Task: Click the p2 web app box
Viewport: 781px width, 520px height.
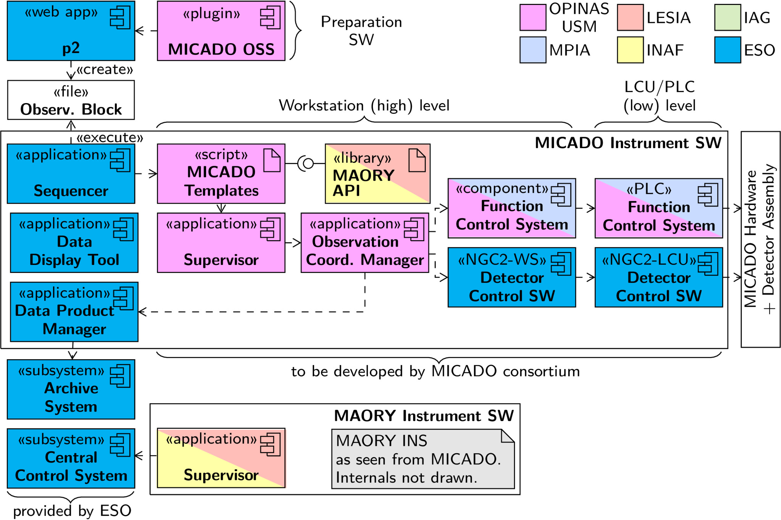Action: point(71,31)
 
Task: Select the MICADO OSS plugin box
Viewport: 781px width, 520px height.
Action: point(221,31)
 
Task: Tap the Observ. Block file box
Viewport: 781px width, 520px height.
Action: point(71,100)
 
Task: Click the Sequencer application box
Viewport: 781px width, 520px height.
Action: point(71,174)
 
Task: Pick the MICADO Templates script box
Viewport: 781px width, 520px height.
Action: point(221,174)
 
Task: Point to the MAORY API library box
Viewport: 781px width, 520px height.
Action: point(378,174)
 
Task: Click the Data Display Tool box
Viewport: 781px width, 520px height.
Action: point(74,243)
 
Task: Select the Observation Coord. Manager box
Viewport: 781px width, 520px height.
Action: point(365,243)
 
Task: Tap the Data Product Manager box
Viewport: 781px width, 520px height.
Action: point(74,312)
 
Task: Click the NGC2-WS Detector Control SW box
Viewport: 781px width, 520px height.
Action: point(512,278)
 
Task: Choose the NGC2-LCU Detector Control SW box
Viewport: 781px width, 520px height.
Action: point(658,278)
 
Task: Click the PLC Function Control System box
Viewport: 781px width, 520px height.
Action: point(658,208)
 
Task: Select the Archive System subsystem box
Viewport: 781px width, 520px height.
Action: point(71,389)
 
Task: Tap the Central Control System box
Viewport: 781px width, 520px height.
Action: point(71,459)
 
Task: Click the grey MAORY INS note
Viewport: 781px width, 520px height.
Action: point(423,459)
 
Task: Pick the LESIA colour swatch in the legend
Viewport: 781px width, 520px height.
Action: point(630,18)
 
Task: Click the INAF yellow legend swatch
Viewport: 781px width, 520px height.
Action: point(630,50)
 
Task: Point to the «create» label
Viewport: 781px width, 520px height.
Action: point(105,70)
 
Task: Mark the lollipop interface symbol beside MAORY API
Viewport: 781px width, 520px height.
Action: point(306,164)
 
